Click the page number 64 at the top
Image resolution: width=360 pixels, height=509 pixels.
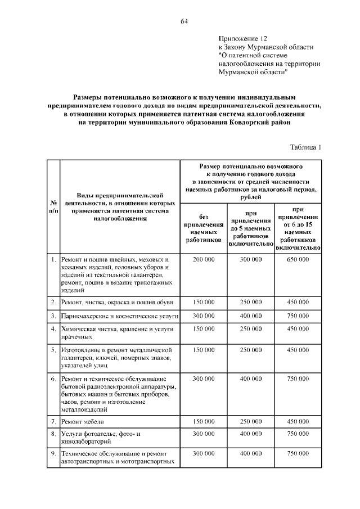click(184, 21)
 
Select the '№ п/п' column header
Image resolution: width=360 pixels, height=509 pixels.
click(53, 206)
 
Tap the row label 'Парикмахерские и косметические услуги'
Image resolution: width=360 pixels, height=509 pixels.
click(113, 316)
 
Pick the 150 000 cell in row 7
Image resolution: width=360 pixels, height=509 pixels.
click(203, 421)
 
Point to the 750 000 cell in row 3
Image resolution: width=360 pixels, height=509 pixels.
click(298, 316)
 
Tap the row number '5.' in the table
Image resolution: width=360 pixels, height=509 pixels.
click(53, 350)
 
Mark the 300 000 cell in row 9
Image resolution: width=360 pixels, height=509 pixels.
click(203, 453)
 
